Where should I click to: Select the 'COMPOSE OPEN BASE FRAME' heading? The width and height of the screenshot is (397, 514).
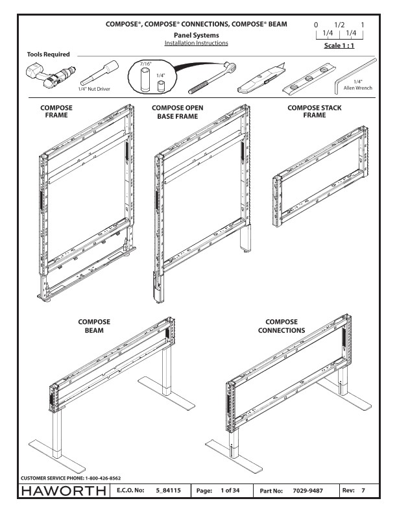click(x=178, y=112)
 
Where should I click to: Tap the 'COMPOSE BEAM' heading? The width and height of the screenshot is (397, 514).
click(x=93, y=325)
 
